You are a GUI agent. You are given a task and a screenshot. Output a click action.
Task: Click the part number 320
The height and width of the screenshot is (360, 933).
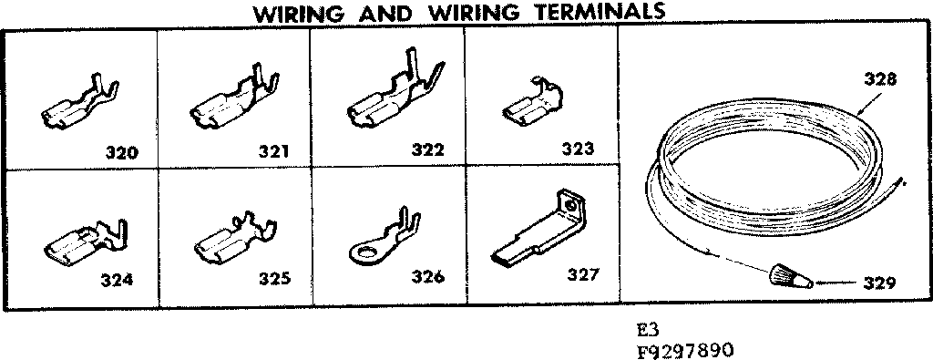(120, 151)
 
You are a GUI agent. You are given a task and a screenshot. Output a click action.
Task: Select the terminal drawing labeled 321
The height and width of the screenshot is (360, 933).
(233, 101)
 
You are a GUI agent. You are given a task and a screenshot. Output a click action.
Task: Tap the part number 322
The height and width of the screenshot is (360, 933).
(426, 150)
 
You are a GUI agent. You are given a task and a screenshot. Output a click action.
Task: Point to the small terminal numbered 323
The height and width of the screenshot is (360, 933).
(532, 103)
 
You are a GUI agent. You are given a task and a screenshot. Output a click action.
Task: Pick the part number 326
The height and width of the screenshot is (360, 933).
(425, 277)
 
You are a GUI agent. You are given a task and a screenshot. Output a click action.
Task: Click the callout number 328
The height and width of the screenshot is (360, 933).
(881, 78)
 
